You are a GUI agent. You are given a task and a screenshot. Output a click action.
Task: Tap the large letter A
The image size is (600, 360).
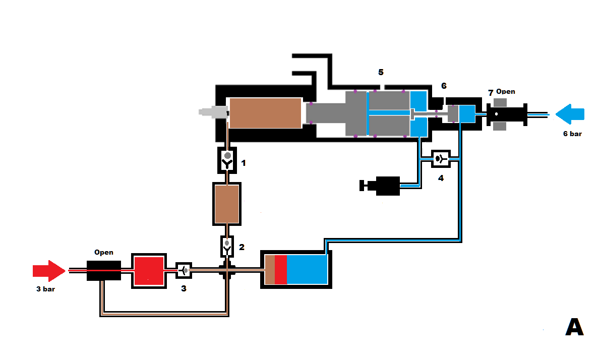point(574,327)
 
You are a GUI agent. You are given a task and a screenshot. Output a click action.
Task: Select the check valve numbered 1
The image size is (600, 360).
point(227,159)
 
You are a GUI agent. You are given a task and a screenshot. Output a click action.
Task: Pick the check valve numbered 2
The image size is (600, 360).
point(227,246)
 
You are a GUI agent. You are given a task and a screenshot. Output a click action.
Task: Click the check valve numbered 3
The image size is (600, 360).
point(184,270)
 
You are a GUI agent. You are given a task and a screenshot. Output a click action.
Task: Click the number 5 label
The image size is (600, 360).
point(381,72)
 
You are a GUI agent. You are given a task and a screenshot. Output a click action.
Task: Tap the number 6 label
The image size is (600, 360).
point(444,86)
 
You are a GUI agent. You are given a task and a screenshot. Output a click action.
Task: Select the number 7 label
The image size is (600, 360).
point(490,93)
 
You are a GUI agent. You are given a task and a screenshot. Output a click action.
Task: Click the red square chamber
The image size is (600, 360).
point(149,271)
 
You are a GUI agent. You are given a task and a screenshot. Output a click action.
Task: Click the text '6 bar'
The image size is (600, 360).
point(572,134)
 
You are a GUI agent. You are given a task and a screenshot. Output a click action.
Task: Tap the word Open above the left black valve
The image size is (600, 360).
point(104,252)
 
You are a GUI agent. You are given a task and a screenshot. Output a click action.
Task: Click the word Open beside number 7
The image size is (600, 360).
point(506,91)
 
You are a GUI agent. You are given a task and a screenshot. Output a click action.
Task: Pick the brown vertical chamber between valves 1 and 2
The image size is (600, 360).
point(226,204)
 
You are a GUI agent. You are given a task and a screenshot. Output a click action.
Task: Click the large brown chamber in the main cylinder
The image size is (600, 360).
point(265,113)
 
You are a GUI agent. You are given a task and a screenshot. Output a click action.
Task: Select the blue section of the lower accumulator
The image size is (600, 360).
point(307,269)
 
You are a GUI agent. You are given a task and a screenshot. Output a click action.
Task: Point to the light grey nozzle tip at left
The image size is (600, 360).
point(212,112)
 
